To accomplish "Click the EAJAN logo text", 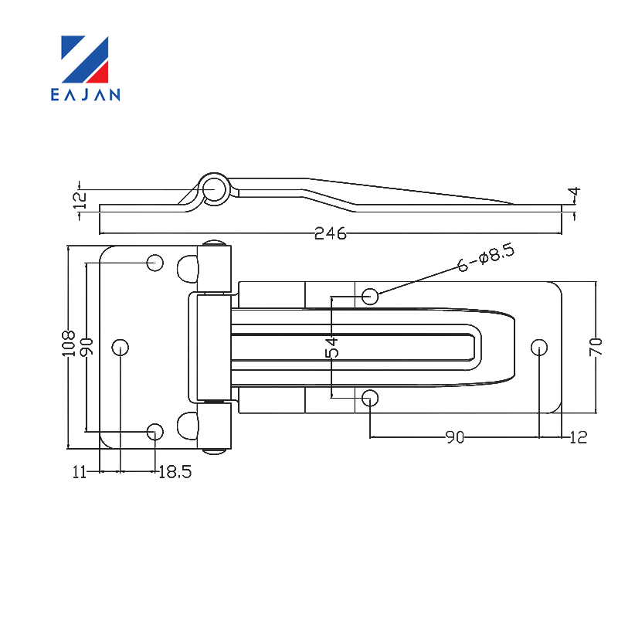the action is point(86,94).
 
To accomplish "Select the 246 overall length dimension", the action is point(331,234).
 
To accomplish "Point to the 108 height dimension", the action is point(69,343).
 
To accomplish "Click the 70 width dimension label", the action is point(596,347).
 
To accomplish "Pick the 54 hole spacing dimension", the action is point(332,347).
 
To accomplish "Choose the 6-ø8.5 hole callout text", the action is point(486,258).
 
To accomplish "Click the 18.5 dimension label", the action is point(175,472).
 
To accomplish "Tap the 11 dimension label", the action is point(80,472).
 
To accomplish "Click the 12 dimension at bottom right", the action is point(578,437).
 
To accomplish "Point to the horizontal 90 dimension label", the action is point(455,437).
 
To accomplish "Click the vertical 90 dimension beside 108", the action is point(87,347).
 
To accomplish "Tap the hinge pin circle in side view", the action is point(214,189).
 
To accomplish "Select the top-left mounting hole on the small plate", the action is point(155,263).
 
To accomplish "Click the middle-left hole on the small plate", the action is point(121,347).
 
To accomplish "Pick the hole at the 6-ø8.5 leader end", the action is point(370,296).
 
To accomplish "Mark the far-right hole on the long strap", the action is point(539,348).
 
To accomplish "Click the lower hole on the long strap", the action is point(370,398).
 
